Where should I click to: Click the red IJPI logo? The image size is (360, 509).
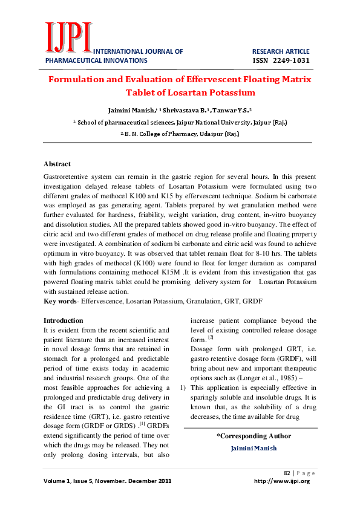[x=68, y=38]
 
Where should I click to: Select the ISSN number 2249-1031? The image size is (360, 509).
[x=281, y=60]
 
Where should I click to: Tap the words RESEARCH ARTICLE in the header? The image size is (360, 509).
[x=281, y=51]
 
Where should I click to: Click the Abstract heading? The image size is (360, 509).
[x=57, y=164]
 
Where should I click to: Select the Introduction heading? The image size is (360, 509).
[x=64, y=320]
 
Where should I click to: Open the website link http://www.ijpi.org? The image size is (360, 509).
[x=282, y=481]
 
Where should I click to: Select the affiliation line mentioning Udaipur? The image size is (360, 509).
[x=180, y=133]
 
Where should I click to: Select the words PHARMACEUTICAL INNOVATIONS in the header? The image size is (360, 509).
[x=96, y=60]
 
